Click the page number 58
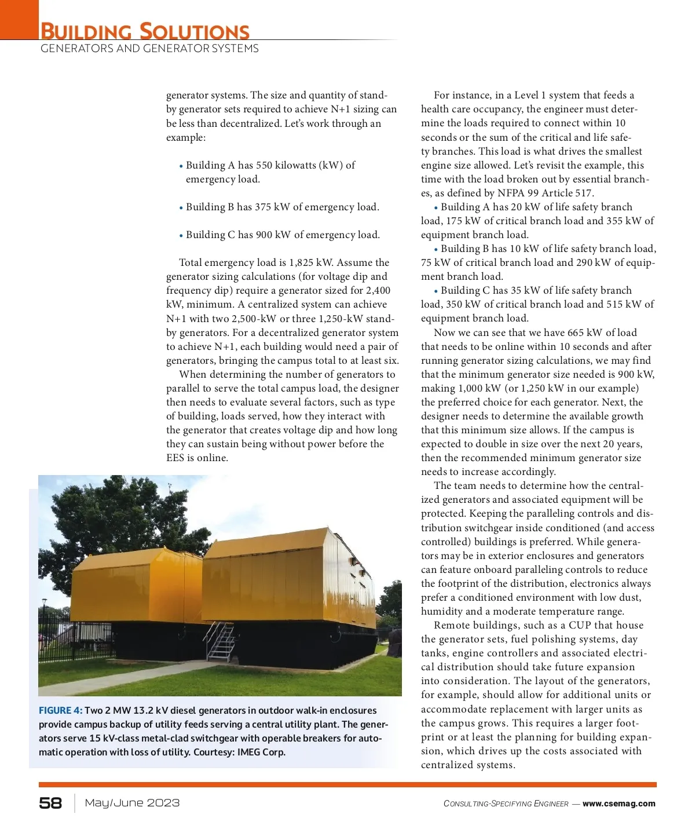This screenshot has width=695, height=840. pos(50,803)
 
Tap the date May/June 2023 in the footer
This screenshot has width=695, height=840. pos(132,803)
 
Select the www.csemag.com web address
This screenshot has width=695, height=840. pos(619,804)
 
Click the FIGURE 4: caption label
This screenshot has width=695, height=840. pos(60,710)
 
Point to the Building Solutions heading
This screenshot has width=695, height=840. pos(145,31)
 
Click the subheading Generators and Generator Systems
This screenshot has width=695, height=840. pos(149,49)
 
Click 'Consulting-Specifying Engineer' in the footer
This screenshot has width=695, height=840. pos(506,804)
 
